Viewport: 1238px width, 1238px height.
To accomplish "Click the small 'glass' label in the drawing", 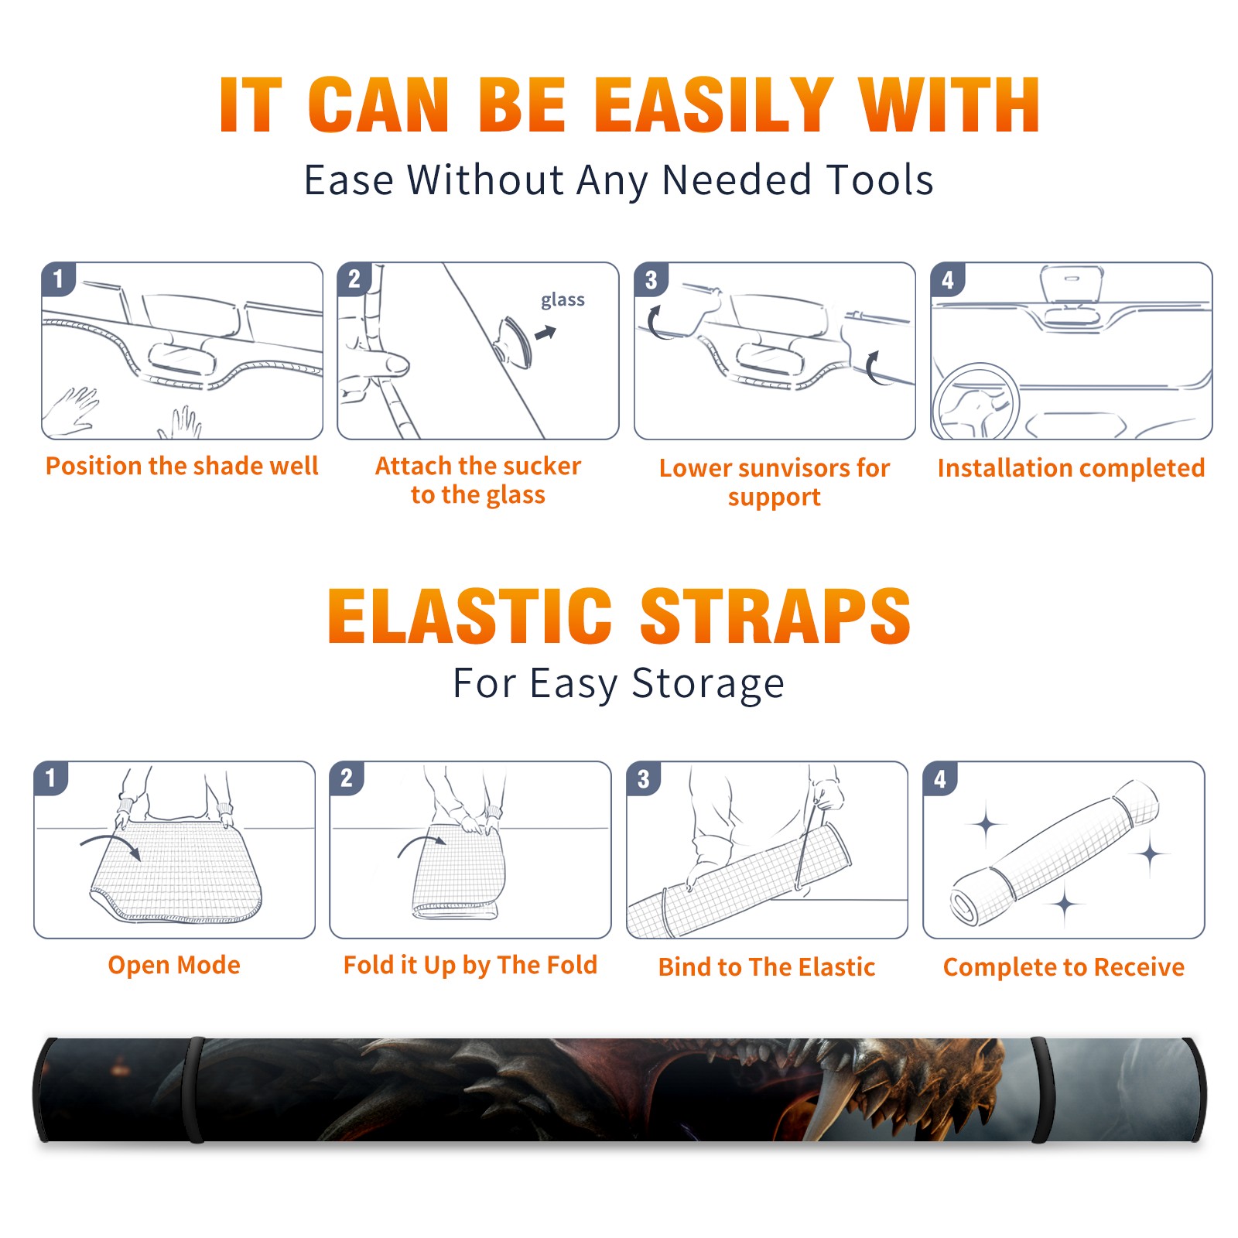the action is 563,300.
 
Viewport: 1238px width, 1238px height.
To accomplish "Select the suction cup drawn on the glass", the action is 515,342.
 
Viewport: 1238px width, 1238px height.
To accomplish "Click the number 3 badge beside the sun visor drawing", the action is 651,279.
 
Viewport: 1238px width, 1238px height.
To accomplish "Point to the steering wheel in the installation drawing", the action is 976,401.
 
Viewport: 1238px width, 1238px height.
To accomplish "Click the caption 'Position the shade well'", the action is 182,466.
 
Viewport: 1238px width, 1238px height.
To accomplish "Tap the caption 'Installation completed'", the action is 1071,467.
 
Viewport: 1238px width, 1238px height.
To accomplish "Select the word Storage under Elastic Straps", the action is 707,684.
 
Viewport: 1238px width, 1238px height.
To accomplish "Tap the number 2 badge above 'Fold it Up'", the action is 347,778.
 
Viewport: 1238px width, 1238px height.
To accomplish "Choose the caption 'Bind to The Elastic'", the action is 766,967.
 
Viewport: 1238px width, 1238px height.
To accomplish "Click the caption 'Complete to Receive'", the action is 1064,967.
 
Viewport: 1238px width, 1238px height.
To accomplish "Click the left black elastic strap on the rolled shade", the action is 196,1089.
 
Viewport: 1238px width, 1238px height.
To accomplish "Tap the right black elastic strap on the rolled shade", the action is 1042,1089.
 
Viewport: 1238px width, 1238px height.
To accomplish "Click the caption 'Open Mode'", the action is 174,965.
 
